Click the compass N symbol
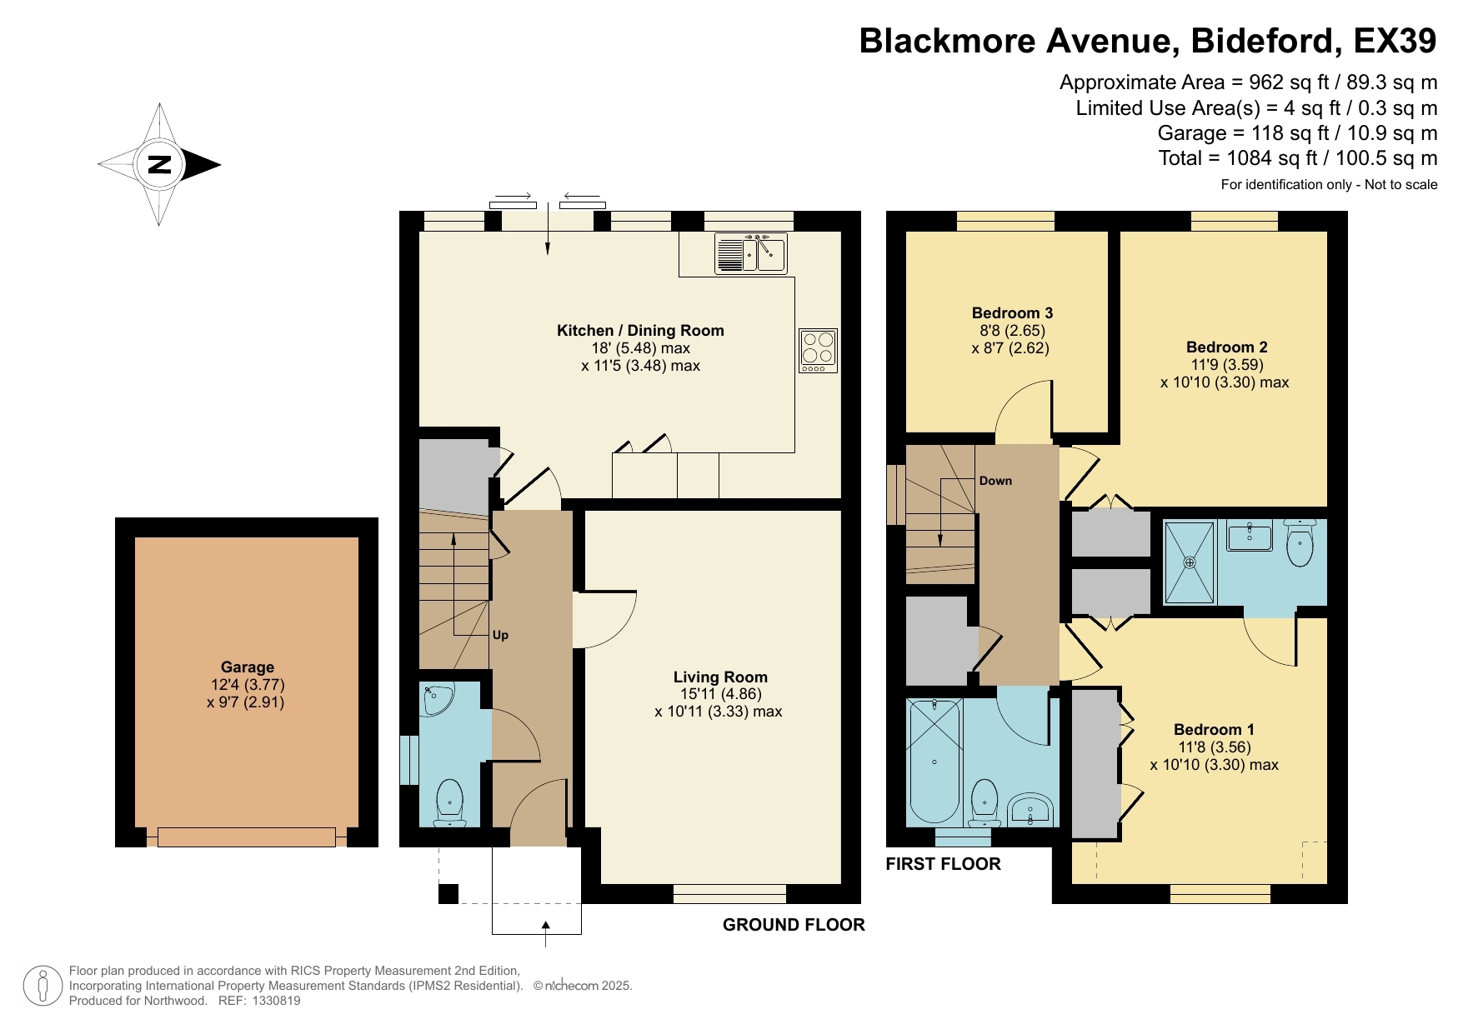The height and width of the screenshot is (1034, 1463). pos(159,164)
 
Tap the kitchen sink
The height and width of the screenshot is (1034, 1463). pos(751,253)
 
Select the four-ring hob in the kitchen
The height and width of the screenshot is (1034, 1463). pos(818,350)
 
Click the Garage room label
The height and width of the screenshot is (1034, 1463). pos(247,667)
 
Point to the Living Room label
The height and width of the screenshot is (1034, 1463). pos(720,677)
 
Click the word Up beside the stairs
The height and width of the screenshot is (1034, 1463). pos(500,635)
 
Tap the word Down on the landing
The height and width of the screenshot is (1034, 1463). pos(995,481)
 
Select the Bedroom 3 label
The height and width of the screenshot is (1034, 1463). pos(1012,313)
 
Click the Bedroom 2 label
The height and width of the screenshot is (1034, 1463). pos(1226,347)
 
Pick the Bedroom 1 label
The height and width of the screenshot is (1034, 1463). pos(1214,729)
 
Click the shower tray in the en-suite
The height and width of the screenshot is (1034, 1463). pos(1190,562)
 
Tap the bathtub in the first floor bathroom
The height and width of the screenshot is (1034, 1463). pos(934,762)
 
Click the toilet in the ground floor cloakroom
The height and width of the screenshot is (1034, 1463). pos(450,802)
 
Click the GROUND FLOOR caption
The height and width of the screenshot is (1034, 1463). pos(794,924)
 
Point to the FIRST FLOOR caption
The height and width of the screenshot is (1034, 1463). pos(943,863)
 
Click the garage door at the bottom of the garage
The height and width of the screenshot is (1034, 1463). pos(247,837)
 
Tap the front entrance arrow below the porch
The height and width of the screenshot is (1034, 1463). pos(546,933)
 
